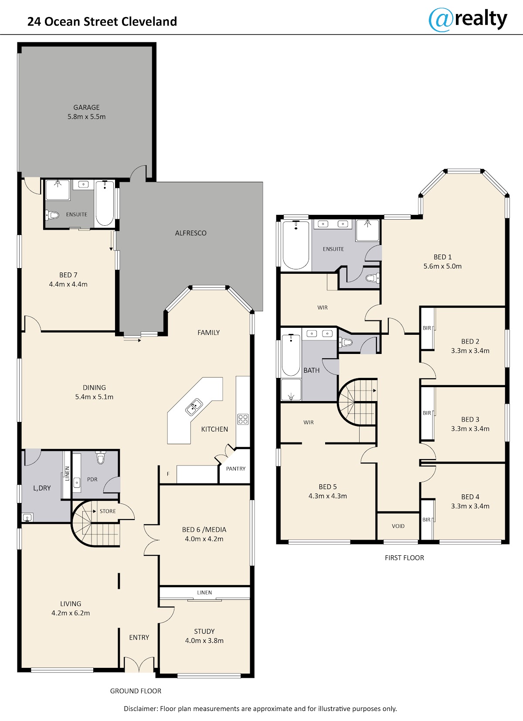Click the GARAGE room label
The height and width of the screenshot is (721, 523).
pos(86,108)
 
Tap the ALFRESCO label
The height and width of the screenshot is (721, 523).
pos(190,233)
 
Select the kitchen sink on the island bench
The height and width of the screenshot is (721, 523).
pos(194,407)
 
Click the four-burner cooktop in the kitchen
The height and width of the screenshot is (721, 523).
pos(243,419)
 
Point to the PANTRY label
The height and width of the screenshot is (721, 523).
pos(236,469)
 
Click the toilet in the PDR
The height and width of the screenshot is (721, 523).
pos(101,457)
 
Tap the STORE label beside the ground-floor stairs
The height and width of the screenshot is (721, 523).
pos(108,511)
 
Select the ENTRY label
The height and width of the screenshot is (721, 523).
pos(139,638)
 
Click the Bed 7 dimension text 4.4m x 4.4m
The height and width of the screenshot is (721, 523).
pos(68,284)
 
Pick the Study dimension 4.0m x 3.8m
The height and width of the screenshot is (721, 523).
pos(204,640)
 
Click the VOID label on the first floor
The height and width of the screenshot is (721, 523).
pos(398,526)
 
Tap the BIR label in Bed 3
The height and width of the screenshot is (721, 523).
pos(427,413)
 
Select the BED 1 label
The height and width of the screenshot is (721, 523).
pos(442,257)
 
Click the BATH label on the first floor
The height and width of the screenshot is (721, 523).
pos(312,371)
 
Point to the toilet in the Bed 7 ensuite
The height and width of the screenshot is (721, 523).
pos(52,215)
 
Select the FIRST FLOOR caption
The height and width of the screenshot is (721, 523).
pos(404,558)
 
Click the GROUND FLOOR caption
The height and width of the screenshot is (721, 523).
pos(136,691)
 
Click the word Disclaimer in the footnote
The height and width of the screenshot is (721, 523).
pos(141,708)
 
